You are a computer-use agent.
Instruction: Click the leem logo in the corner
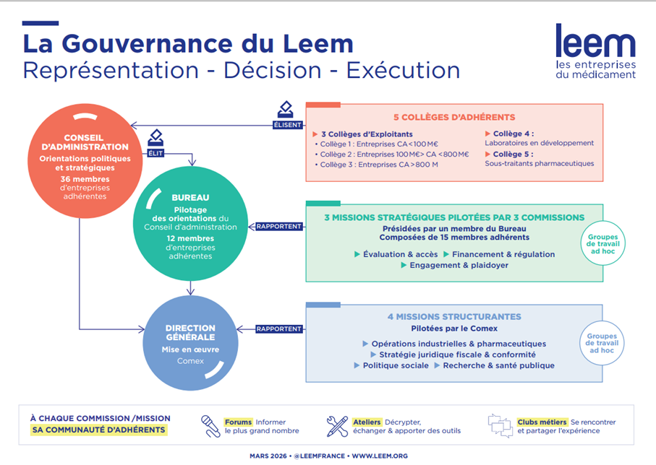click(x=595, y=51)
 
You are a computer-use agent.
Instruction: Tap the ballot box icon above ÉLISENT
click(x=286, y=110)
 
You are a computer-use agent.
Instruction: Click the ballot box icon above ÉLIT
click(x=156, y=136)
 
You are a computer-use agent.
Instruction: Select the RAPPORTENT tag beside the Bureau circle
click(x=278, y=226)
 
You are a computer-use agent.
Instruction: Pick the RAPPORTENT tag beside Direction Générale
click(x=278, y=329)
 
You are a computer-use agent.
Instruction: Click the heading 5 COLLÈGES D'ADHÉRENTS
click(x=453, y=117)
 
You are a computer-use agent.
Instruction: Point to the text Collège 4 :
click(x=514, y=134)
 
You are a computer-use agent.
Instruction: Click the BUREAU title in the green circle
click(x=191, y=196)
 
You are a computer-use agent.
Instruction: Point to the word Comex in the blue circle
click(x=191, y=360)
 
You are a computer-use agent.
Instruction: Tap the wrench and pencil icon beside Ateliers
click(x=337, y=426)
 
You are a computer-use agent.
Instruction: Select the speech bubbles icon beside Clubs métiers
click(x=500, y=425)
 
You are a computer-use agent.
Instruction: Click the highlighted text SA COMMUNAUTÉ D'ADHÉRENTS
click(x=99, y=430)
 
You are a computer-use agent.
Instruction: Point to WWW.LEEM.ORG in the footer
click(x=380, y=456)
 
